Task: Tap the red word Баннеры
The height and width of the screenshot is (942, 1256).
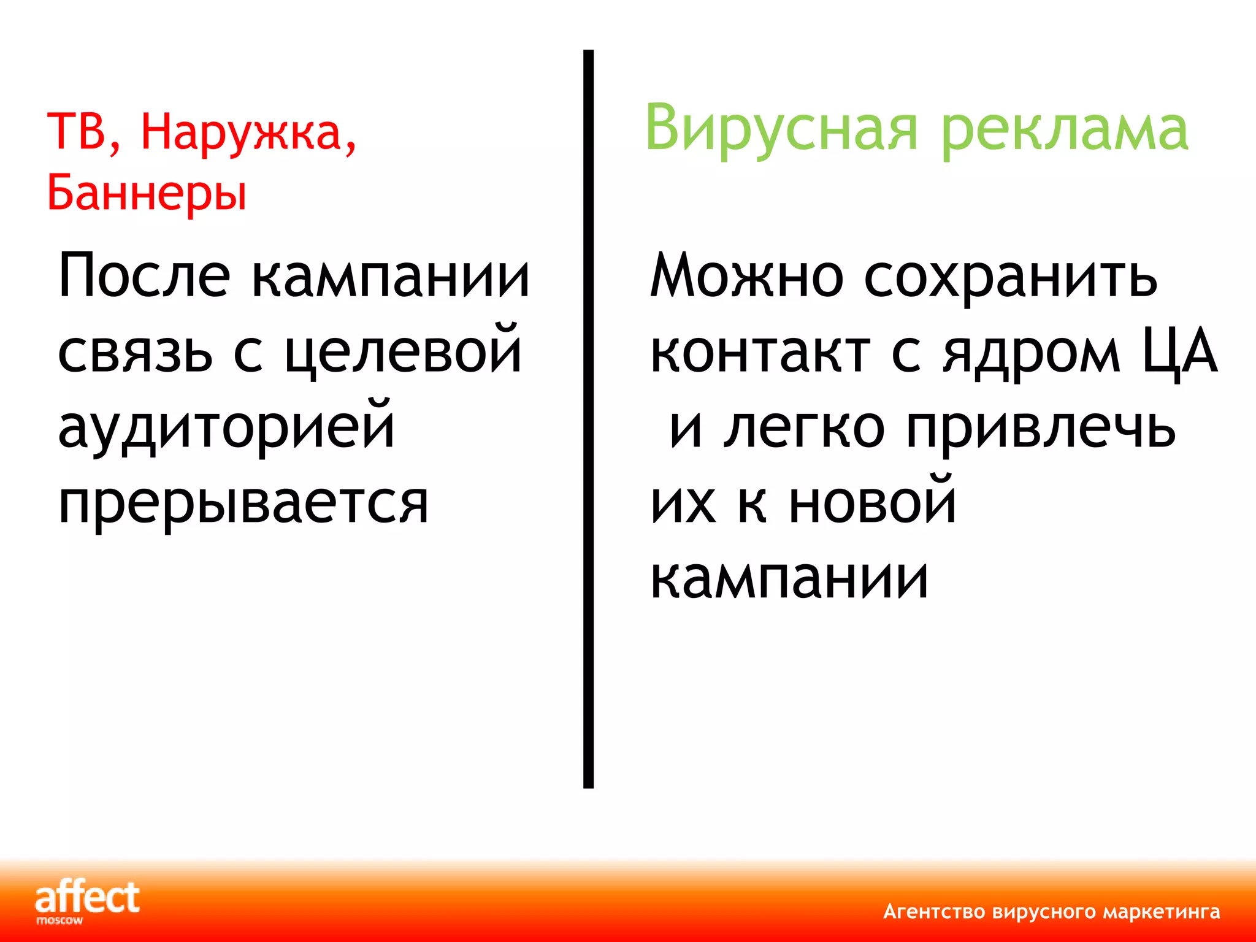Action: coord(147,193)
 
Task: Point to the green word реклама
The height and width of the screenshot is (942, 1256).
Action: coord(1064,132)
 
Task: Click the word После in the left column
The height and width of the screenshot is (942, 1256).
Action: coord(144,276)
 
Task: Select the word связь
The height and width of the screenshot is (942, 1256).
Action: coord(135,353)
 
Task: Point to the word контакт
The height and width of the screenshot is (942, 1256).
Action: coord(760,353)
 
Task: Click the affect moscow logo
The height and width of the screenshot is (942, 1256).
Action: coord(86,902)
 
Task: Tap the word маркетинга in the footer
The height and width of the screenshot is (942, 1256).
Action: coord(1162,912)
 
